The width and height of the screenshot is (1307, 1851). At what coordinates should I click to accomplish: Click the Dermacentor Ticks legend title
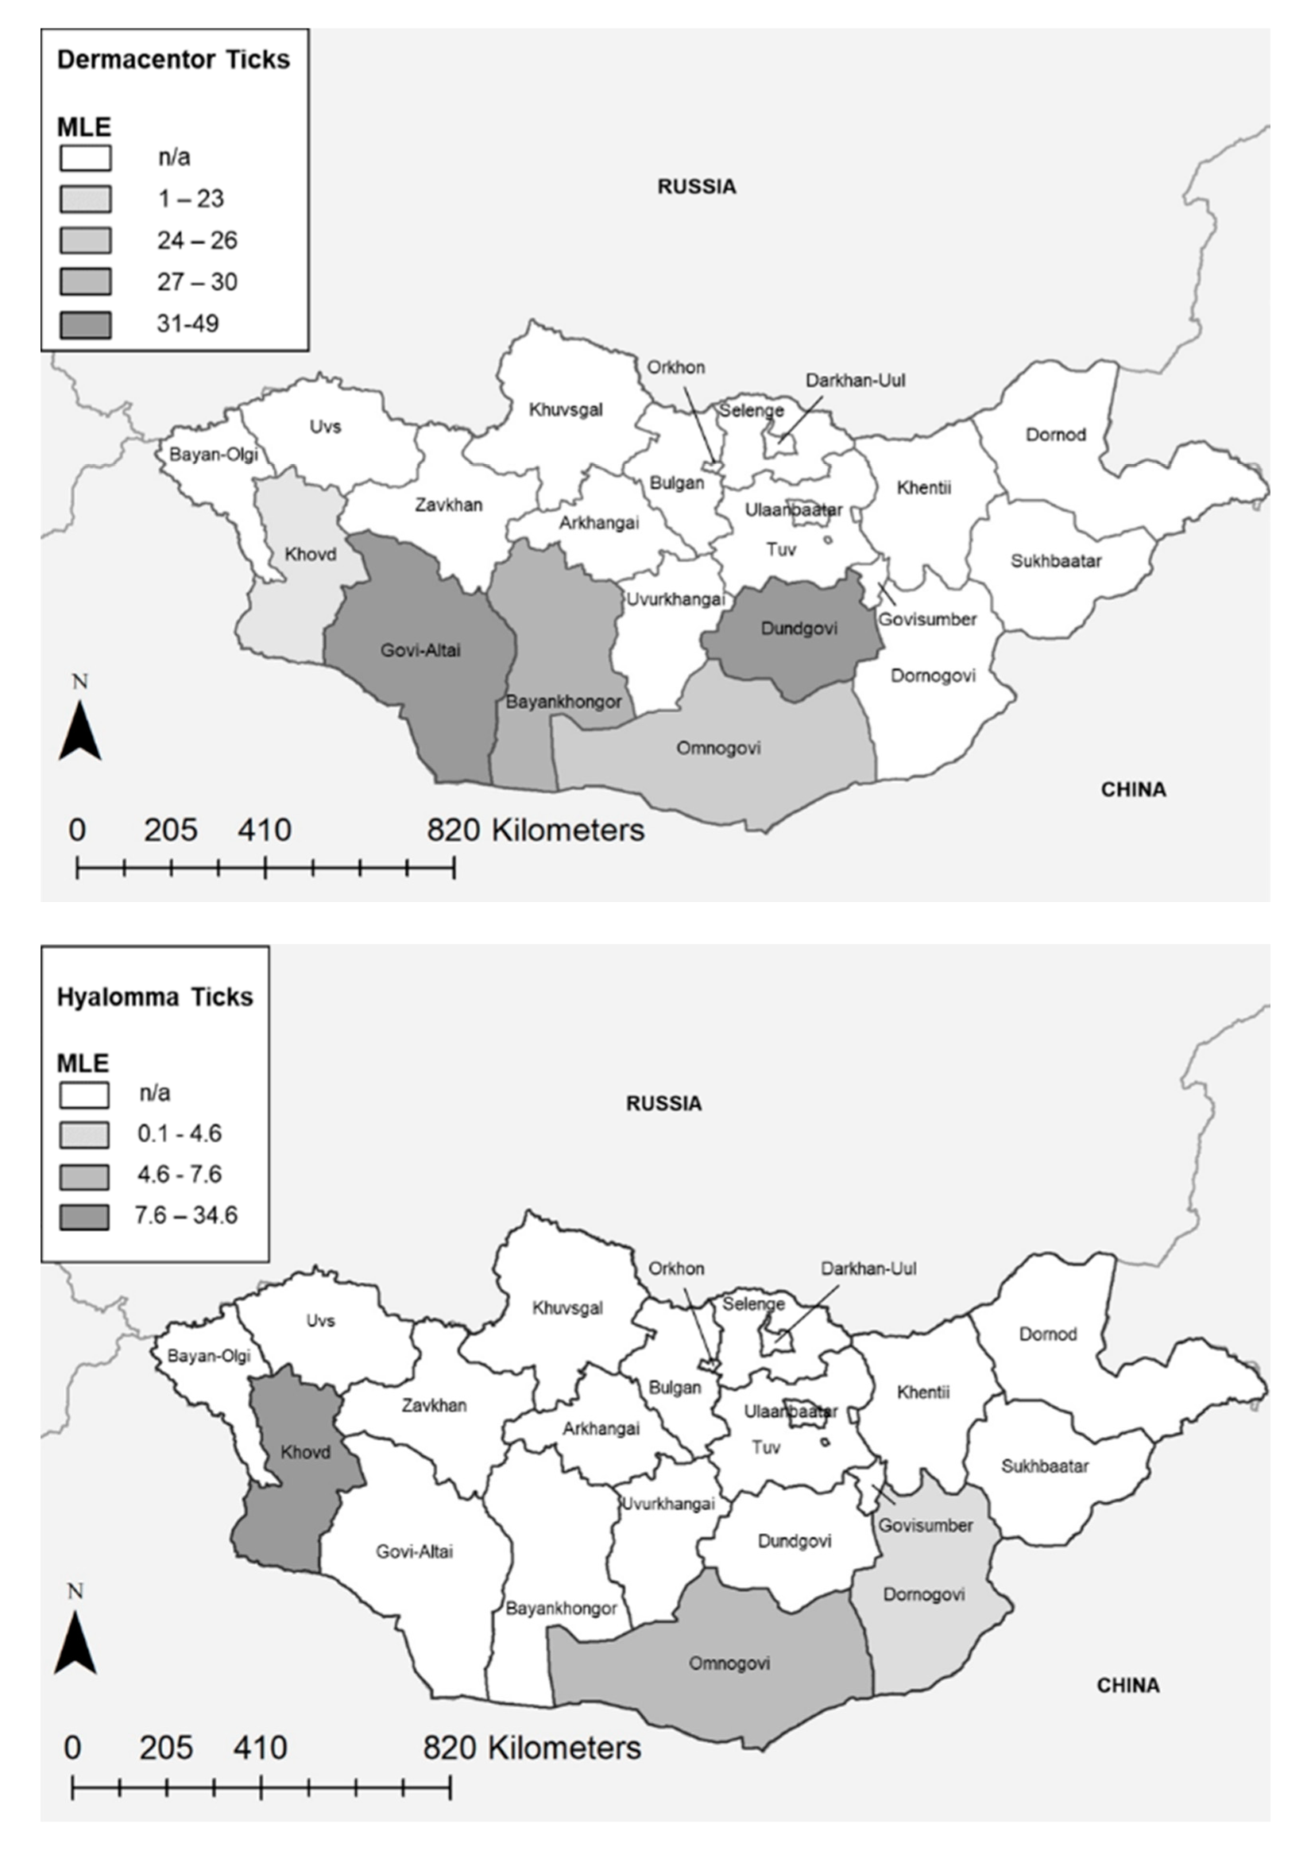click(x=173, y=60)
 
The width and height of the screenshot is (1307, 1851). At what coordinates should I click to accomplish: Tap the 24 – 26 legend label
click(x=197, y=240)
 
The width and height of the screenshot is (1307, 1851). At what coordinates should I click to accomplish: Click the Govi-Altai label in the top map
click(x=420, y=650)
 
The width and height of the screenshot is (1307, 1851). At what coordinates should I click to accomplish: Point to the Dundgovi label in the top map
click(x=799, y=628)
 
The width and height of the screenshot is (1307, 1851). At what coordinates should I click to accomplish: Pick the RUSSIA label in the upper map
click(x=696, y=186)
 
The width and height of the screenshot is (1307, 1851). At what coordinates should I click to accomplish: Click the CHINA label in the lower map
click(x=1127, y=1685)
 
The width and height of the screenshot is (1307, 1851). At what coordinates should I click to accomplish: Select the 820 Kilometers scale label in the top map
click(x=535, y=830)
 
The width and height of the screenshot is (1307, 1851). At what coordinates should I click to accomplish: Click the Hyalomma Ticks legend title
click(x=155, y=997)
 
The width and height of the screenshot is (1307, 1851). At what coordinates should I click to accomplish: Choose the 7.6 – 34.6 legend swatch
click(x=83, y=1216)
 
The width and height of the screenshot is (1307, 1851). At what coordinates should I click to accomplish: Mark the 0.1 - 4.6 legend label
click(x=179, y=1133)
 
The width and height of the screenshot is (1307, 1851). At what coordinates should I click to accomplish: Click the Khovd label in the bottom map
click(x=305, y=1452)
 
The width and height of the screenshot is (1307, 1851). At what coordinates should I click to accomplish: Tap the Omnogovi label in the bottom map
click(x=729, y=1663)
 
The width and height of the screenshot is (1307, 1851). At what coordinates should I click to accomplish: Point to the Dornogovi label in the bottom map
click(x=923, y=1594)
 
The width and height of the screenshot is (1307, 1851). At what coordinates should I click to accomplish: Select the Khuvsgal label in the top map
click(x=566, y=409)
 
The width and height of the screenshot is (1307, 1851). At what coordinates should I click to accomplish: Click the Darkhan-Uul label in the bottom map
click(x=868, y=1268)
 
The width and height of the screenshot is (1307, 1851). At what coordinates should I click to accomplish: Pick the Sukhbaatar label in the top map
click(x=1056, y=560)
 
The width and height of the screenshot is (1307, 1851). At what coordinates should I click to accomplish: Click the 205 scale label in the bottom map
click(x=166, y=1747)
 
